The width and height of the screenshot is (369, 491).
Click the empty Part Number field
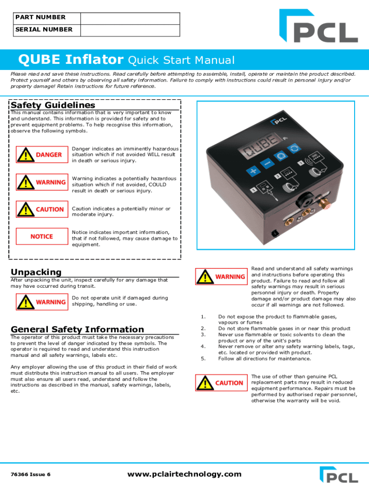[x=130, y=18]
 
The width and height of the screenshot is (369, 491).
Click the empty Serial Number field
[x=130, y=30]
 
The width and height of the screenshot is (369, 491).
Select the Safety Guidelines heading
[x=53, y=105]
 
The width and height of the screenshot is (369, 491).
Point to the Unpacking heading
[x=36, y=272]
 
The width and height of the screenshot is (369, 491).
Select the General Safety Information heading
[x=77, y=329]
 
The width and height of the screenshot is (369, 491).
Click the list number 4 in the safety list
[x=203, y=346]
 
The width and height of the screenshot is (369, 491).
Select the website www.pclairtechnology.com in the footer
[x=184, y=474]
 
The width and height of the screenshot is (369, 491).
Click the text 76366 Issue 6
[x=30, y=475]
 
